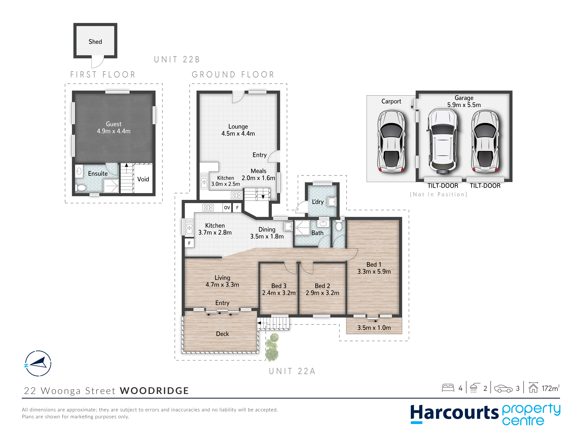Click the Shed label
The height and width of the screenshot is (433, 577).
click(x=95, y=42)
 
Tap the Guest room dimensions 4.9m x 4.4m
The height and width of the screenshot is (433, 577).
click(x=114, y=131)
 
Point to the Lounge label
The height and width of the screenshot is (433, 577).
click(x=238, y=127)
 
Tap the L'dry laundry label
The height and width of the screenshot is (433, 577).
click(x=318, y=202)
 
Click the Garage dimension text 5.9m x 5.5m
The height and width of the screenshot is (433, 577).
click(x=464, y=105)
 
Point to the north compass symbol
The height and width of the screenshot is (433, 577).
click(x=38, y=363)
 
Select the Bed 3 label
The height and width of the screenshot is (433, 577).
click(x=279, y=286)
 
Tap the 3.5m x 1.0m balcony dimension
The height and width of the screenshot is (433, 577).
click(x=374, y=328)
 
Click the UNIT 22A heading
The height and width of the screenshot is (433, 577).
click(x=292, y=371)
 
